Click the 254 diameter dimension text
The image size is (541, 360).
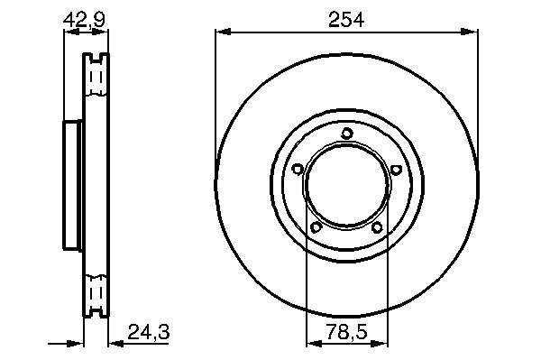click(x=346, y=19)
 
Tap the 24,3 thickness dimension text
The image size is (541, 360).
click(x=149, y=332)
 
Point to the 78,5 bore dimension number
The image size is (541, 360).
click(x=347, y=332)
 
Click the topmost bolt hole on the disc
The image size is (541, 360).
click(x=347, y=134)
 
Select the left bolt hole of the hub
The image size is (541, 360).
click(x=298, y=169)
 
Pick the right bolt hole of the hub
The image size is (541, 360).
click(x=397, y=169)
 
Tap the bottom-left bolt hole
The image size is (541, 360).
click(x=316, y=227)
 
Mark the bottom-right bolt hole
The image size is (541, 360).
click(x=377, y=227)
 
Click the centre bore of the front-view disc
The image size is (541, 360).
click(x=347, y=185)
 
